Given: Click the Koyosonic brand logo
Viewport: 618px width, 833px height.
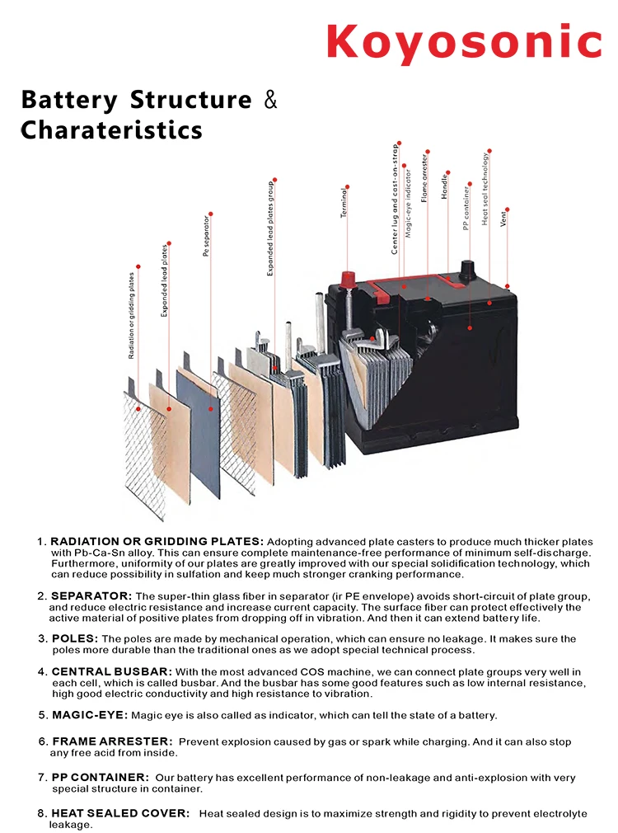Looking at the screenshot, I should [x=463, y=40].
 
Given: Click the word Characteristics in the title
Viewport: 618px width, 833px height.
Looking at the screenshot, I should [x=111, y=130].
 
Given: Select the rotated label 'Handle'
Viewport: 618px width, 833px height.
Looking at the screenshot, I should [x=446, y=186].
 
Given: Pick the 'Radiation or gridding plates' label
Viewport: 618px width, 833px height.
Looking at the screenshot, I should [x=132, y=315].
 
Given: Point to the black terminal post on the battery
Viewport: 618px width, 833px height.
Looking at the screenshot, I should [x=467, y=269].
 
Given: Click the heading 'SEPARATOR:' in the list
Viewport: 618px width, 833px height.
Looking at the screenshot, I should [x=91, y=595].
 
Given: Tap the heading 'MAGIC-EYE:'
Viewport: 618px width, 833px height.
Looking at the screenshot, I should [x=89, y=715].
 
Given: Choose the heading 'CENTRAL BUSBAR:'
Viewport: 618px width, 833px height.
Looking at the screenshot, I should [x=112, y=672].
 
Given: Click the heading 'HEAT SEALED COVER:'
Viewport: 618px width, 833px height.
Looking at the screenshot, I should [x=120, y=813].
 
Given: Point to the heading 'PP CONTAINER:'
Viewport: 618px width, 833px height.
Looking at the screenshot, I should [x=101, y=778].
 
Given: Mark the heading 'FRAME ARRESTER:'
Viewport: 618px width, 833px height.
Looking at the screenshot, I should [x=112, y=741].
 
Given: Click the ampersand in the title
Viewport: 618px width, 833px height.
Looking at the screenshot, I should [x=269, y=101].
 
